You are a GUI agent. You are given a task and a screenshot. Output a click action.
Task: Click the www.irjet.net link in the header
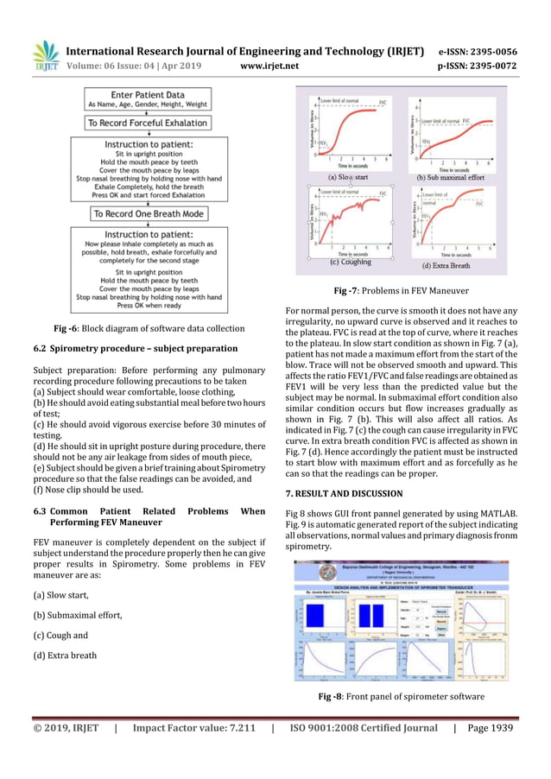point(270,65)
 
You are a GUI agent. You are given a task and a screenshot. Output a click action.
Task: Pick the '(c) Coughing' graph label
point(351,262)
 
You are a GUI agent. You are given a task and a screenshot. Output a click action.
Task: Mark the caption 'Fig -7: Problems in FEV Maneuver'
point(401,290)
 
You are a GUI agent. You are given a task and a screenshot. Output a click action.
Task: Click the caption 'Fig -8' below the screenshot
point(401,697)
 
